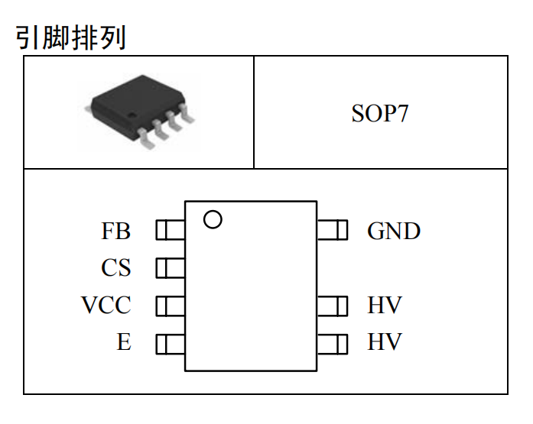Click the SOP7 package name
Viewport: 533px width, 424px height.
coord(380,113)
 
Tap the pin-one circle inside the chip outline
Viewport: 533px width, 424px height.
coord(213,219)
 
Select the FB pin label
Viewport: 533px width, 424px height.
coord(116,231)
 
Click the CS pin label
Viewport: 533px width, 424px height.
coord(116,267)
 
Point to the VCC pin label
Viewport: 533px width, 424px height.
coord(106,305)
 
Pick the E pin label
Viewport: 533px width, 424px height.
coord(124,341)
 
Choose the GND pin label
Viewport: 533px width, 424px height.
coord(394,231)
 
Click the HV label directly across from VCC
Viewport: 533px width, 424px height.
coord(385,305)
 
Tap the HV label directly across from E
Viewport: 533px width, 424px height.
coord(385,341)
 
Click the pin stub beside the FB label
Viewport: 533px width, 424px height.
coord(171,230)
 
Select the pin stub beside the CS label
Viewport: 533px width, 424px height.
coord(171,268)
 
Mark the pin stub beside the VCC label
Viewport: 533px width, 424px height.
coord(171,306)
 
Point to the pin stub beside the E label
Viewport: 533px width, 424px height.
coord(171,345)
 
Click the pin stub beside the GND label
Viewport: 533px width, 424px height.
coord(333,230)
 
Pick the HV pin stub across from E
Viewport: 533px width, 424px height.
coord(333,345)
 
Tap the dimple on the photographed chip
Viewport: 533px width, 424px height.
coord(132,115)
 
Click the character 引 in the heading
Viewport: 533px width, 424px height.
coord(28,37)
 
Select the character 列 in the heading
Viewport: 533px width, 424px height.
coord(113,37)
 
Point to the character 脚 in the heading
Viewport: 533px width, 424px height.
coord(57,37)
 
